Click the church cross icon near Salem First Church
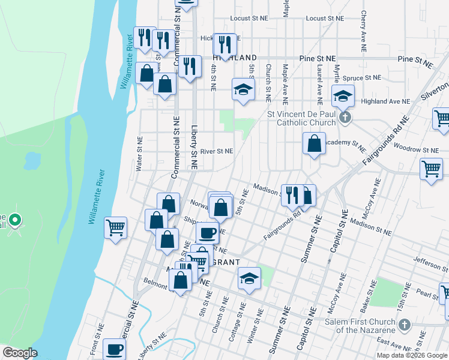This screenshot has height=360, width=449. pyautogui.click(x=405, y=325)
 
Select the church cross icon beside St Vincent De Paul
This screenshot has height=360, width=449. pyautogui.click(x=345, y=117)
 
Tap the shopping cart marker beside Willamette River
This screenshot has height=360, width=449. pyautogui.click(x=115, y=228)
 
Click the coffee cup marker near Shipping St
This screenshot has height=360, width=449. pyautogui.click(x=208, y=232)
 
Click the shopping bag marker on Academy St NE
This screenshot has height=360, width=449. pyautogui.click(x=314, y=144)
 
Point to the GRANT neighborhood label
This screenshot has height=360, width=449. pyautogui.click(x=225, y=262)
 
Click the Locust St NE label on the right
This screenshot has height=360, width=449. pyautogui.click(x=325, y=19)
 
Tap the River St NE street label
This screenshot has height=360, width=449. pyautogui.click(x=217, y=151)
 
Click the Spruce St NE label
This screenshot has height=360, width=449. pyautogui.click(x=363, y=77)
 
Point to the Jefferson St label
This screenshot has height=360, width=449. pyautogui.click(x=430, y=259)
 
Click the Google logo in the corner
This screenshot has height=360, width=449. pyautogui.click(x=20, y=352)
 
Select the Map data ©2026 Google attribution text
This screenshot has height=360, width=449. pyautogui.click(x=412, y=355)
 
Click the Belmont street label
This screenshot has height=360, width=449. pyautogui.click(x=156, y=280)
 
